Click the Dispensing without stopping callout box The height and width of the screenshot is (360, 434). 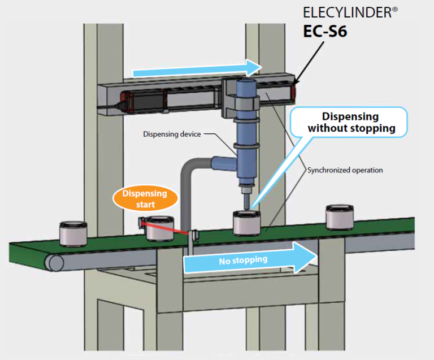pyautogui.click(x=350, y=122)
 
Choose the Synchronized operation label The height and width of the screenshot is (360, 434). pyautogui.click(x=345, y=170)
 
